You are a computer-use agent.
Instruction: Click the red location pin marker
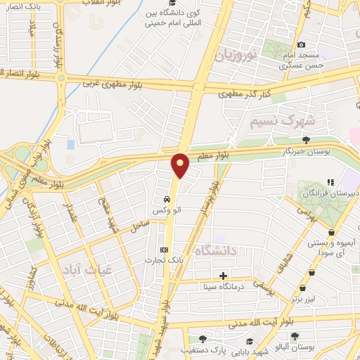tap(181, 166)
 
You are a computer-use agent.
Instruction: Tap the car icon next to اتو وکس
tap(165, 199)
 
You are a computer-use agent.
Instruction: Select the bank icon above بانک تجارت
tap(165, 249)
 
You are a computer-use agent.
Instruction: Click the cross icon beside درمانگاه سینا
tap(224, 275)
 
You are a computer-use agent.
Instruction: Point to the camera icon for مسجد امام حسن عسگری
tap(302, 44)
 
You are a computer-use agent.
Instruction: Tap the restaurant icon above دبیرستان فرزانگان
tap(330, 181)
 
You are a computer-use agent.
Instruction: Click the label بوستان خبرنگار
tap(305, 151)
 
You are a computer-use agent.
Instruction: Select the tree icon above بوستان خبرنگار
tap(305, 140)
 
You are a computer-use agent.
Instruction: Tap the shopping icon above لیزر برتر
tap(302, 288)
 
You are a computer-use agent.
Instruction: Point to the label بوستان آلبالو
tap(294, 349)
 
